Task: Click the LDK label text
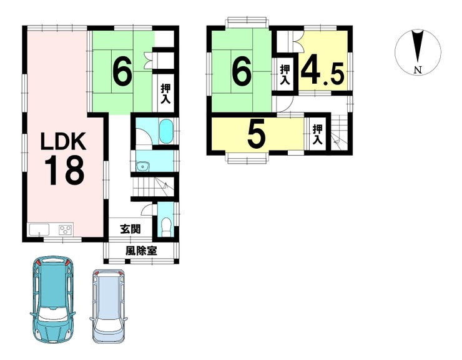click(63, 141)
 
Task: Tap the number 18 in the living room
click(65, 170)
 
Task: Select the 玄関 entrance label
click(130, 229)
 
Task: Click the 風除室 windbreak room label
click(141, 251)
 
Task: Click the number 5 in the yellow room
click(257, 135)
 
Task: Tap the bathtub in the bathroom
click(166, 131)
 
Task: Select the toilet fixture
click(167, 227)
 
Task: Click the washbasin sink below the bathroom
click(143, 167)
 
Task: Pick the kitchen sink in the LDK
click(38, 229)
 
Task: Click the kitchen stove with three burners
click(66, 229)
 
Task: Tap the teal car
click(52, 299)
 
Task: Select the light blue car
click(108, 306)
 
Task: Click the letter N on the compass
click(418, 70)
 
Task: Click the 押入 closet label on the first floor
click(165, 94)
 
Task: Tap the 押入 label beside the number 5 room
click(317, 134)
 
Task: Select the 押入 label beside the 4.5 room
click(285, 74)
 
